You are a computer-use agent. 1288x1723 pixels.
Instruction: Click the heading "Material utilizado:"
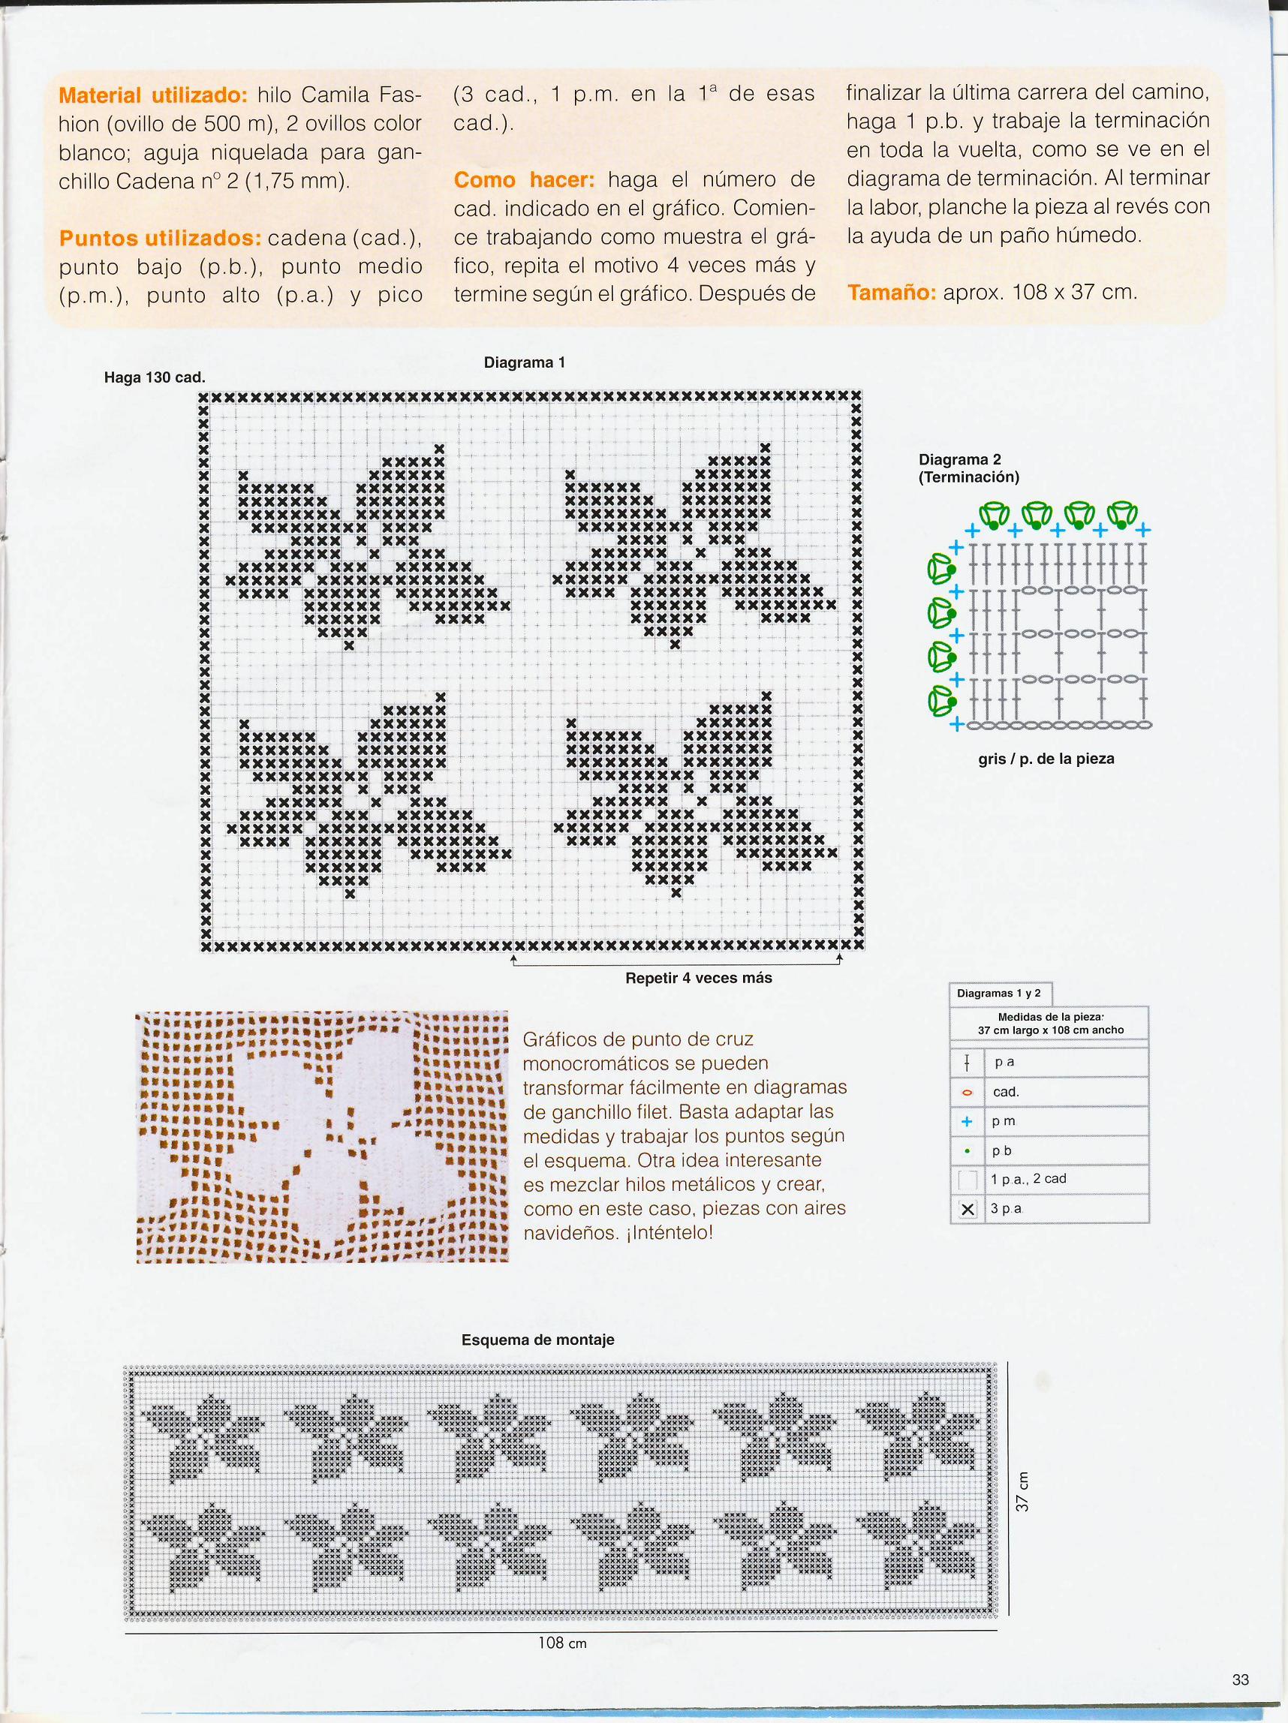coord(152,96)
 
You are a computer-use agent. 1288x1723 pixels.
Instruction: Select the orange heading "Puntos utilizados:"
coord(160,239)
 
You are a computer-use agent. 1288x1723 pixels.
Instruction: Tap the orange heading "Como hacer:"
coord(524,180)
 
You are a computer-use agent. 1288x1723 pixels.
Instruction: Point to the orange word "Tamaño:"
coord(892,293)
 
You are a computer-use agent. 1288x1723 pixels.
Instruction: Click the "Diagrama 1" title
coord(524,362)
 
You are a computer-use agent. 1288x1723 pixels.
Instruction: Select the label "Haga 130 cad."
coord(155,377)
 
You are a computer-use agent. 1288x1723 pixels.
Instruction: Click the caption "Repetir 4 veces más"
coord(698,978)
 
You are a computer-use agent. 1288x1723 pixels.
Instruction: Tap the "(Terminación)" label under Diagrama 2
coord(968,477)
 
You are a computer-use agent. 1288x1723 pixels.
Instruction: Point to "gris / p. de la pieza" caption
coord(1046,758)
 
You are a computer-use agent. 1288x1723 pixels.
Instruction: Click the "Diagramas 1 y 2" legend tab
coord(998,993)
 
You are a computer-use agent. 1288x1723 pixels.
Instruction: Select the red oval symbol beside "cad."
coord(967,1092)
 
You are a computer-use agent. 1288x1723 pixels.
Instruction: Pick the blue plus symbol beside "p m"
coord(967,1122)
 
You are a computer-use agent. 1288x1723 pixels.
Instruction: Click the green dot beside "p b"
coord(967,1150)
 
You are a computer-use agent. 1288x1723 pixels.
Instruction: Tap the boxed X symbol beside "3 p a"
coord(968,1209)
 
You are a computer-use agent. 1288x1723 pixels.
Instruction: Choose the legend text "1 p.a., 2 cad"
coord(1028,1179)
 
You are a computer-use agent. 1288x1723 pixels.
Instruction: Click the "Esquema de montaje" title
coord(537,1340)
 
